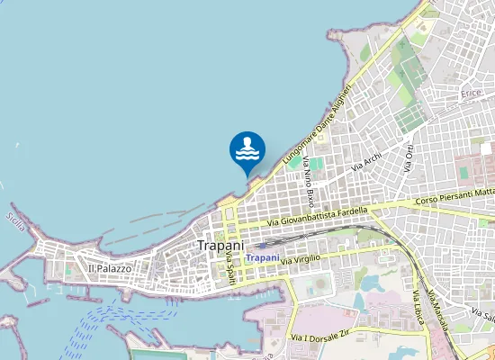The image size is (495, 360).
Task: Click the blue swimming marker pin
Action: [247, 151]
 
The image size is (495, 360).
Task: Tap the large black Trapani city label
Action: [220, 245]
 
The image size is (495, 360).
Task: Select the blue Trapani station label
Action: [263, 257]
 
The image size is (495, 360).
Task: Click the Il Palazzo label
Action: [110, 268]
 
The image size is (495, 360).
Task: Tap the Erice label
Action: [471, 94]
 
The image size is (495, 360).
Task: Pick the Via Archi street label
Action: [366, 161]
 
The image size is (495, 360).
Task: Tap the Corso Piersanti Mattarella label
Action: [455, 196]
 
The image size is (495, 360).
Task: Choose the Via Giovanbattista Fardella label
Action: [318, 217]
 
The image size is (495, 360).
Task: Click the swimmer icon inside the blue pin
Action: [247, 148]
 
